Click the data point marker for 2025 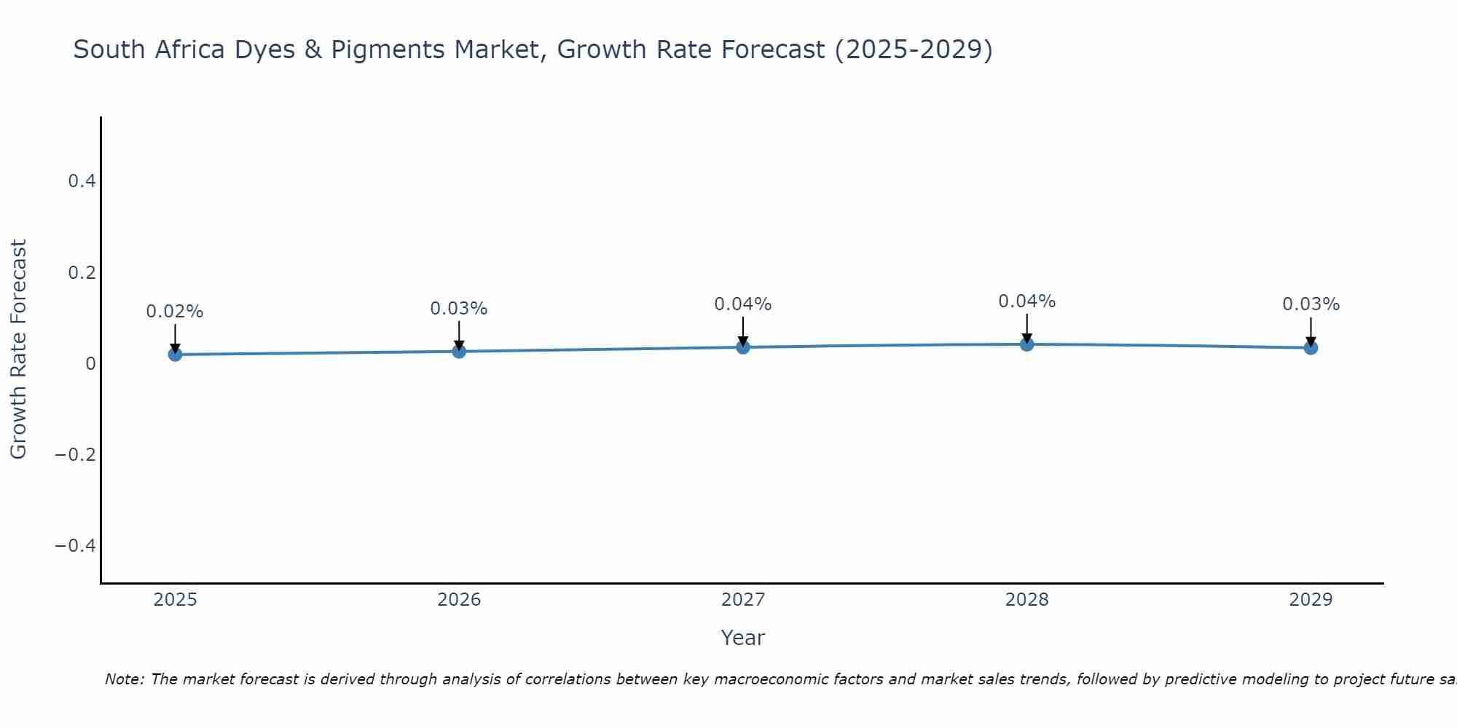[175, 355]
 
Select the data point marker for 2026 [459, 352]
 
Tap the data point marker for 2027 [743, 347]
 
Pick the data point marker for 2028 [1027, 344]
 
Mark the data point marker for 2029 [1311, 348]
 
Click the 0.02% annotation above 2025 [175, 312]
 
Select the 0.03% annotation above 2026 [459, 309]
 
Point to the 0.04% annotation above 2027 [743, 304]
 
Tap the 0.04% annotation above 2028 [1027, 301]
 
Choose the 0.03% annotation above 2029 [1311, 304]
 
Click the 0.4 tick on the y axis [82, 181]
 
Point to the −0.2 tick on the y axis [76, 455]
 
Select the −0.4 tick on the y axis [76, 546]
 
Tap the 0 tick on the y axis [90, 364]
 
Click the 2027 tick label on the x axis [743, 600]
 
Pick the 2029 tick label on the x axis [1311, 600]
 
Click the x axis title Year [743, 638]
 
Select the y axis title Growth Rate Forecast [19, 349]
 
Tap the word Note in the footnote [124, 679]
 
